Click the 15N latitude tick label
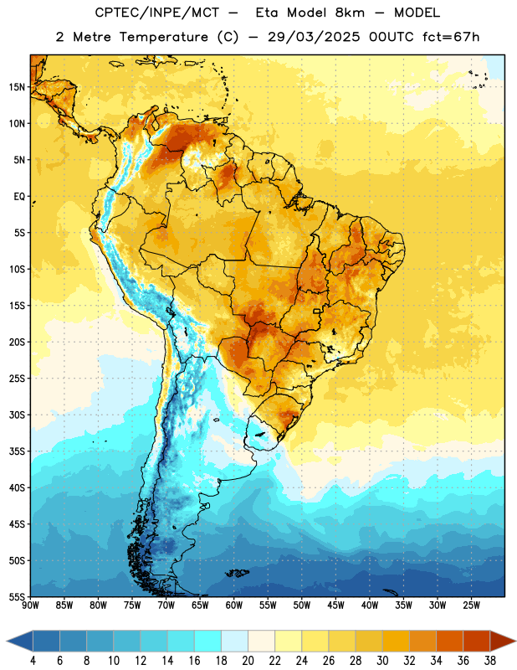point(17,87)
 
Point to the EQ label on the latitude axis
point(19,197)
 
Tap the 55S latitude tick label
point(17,596)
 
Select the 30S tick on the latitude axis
point(17,415)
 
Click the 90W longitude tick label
point(30,605)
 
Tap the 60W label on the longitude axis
point(234,605)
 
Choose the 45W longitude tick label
point(335,605)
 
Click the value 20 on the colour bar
point(248,661)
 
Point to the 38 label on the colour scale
point(490,661)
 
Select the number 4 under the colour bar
point(33,661)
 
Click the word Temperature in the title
point(163,37)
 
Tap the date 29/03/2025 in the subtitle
point(314,37)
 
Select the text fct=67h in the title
point(451,37)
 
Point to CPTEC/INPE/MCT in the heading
point(157,13)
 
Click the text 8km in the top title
point(350,13)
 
